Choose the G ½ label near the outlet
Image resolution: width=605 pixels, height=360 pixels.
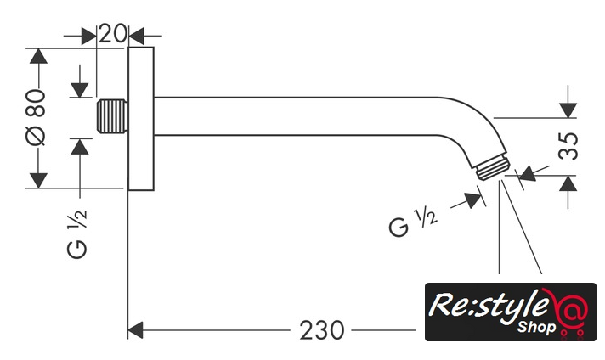pyautogui.click(x=413, y=224)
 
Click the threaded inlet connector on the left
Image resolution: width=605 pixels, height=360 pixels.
pyautogui.click(x=111, y=117)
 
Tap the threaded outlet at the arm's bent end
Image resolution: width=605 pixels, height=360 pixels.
pyautogui.click(x=490, y=169)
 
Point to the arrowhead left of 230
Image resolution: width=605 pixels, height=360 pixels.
pyautogui.click(x=139, y=329)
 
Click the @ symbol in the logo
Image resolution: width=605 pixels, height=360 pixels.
pyautogui.click(x=567, y=309)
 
